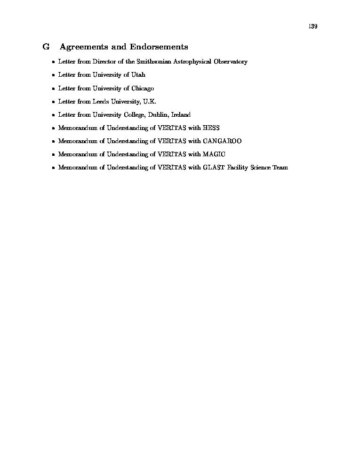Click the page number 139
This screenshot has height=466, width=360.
(x=313, y=26)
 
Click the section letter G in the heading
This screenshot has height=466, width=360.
(x=46, y=47)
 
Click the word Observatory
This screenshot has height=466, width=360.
(x=230, y=62)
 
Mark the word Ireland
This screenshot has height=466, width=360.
(x=181, y=115)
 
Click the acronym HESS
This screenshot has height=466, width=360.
(x=211, y=128)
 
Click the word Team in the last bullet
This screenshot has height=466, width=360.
(x=280, y=168)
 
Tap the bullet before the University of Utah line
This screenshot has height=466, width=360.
(x=53, y=75)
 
